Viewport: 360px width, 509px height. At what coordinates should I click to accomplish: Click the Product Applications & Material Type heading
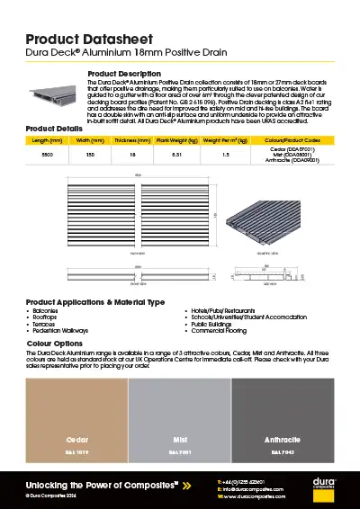click(95, 301)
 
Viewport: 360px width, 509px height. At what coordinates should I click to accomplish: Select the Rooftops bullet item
click(44, 317)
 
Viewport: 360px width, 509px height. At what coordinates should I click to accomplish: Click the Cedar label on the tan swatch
click(76, 440)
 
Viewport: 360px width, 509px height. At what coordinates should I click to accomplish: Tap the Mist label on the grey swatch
click(180, 440)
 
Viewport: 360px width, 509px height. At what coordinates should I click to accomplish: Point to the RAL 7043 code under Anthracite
click(283, 451)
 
